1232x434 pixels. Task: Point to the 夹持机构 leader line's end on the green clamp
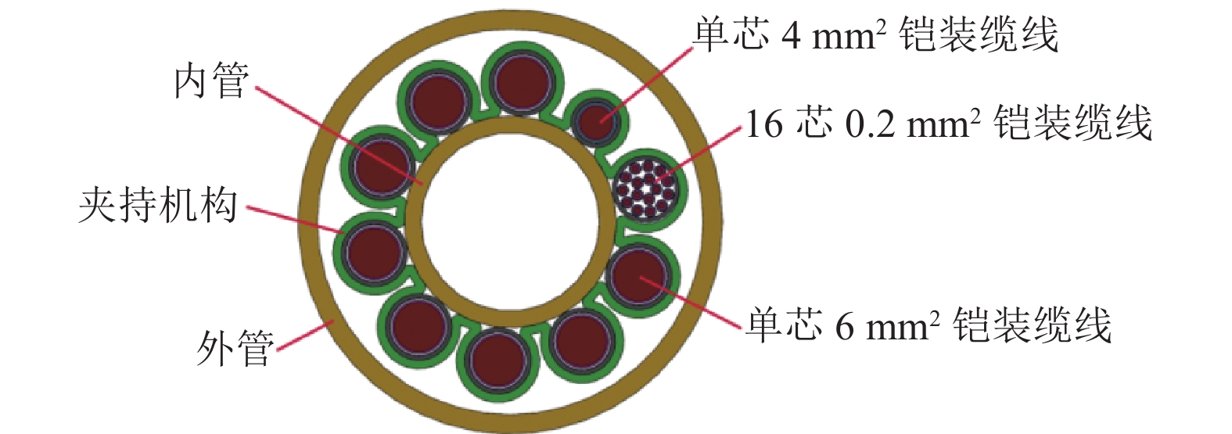coord(343,234)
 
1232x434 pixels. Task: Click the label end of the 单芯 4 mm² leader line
coord(692,48)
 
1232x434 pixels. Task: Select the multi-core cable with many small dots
coord(649,191)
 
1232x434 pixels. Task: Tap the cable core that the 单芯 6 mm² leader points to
coord(639,276)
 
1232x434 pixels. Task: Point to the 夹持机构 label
coord(158,205)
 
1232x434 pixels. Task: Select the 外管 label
coord(235,348)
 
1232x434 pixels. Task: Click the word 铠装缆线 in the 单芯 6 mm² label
coord(1033,325)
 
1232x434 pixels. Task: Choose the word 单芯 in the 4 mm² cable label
coord(731,34)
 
